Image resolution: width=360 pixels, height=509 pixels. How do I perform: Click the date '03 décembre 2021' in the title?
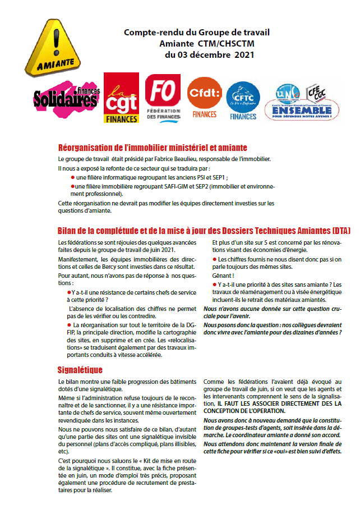point(210,54)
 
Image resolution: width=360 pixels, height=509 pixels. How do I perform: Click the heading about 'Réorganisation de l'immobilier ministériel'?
point(153,148)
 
